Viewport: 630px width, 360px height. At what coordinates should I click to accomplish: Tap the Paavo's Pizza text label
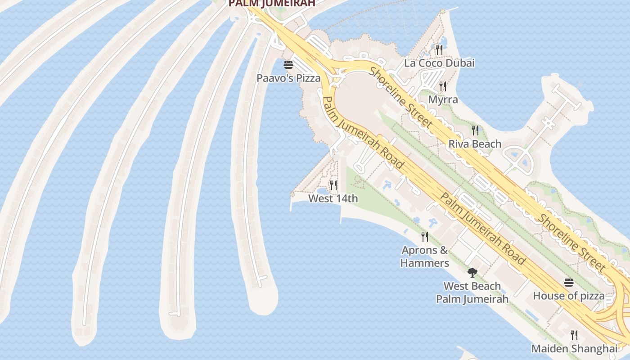tap(288, 78)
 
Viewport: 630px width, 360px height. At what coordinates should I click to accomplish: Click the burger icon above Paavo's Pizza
tap(288, 65)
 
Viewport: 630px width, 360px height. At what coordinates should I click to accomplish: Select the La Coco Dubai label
tap(439, 63)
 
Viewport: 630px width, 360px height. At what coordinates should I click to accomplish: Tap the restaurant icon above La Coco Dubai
tap(439, 49)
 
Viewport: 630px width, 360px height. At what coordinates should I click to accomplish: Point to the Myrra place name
tap(443, 99)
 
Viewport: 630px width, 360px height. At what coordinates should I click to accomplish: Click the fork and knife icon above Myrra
tap(443, 86)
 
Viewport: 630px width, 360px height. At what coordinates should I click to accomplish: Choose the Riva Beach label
tap(475, 144)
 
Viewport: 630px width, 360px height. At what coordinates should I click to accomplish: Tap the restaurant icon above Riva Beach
tap(475, 130)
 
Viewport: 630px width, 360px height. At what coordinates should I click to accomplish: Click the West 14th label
tap(333, 198)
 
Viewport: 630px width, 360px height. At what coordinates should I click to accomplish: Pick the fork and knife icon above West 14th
tap(333, 185)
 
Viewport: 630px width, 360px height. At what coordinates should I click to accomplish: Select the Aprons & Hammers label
tap(425, 256)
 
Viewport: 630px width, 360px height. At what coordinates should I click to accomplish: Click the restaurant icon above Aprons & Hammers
tap(425, 236)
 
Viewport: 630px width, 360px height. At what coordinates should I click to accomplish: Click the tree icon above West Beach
tap(472, 272)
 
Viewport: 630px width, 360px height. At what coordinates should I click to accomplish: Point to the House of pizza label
tap(569, 296)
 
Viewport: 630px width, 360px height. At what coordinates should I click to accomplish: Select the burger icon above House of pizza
tap(569, 283)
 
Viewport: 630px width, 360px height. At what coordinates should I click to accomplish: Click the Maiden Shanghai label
tap(574, 349)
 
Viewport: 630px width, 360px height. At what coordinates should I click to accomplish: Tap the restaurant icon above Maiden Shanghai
tap(574, 335)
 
